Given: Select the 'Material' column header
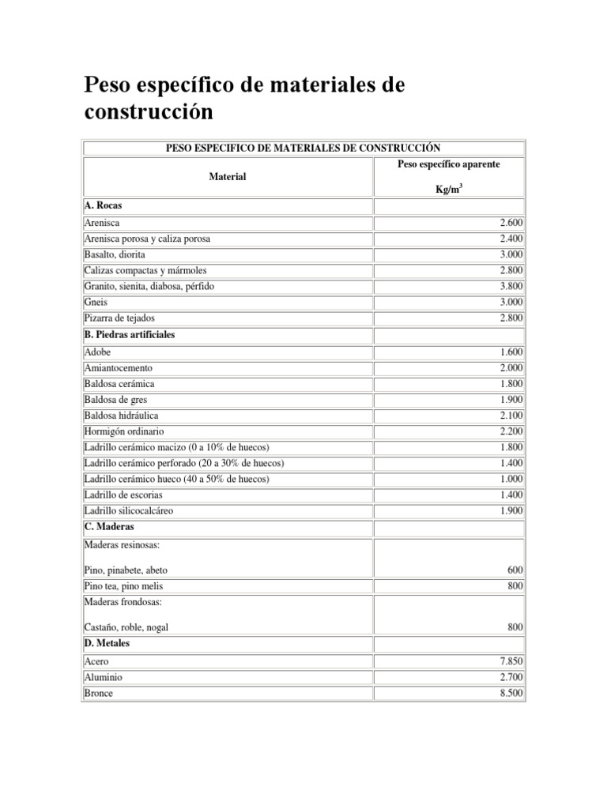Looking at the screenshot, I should coord(227,177).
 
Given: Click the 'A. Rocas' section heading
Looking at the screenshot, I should coord(103,205).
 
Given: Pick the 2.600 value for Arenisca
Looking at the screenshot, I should coord(511,224).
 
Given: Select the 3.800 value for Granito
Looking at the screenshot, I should coord(511,287).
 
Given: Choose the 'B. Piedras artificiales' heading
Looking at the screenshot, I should coord(129,334).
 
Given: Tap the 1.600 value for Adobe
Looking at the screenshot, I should coord(511,352).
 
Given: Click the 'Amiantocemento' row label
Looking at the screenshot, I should coord(118,368).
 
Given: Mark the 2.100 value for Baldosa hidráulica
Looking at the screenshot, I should coord(511,416).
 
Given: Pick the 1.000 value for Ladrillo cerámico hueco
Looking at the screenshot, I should coord(511,480).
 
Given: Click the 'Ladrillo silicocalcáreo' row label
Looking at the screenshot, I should coord(128,511).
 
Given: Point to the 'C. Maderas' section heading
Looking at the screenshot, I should coord(108,526).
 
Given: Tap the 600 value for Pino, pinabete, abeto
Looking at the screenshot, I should coord(515,570).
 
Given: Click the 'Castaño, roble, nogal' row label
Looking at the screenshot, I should coord(126,627).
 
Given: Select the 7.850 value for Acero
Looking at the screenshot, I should coord(511,661).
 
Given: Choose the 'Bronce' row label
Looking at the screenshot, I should coord(98,693).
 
